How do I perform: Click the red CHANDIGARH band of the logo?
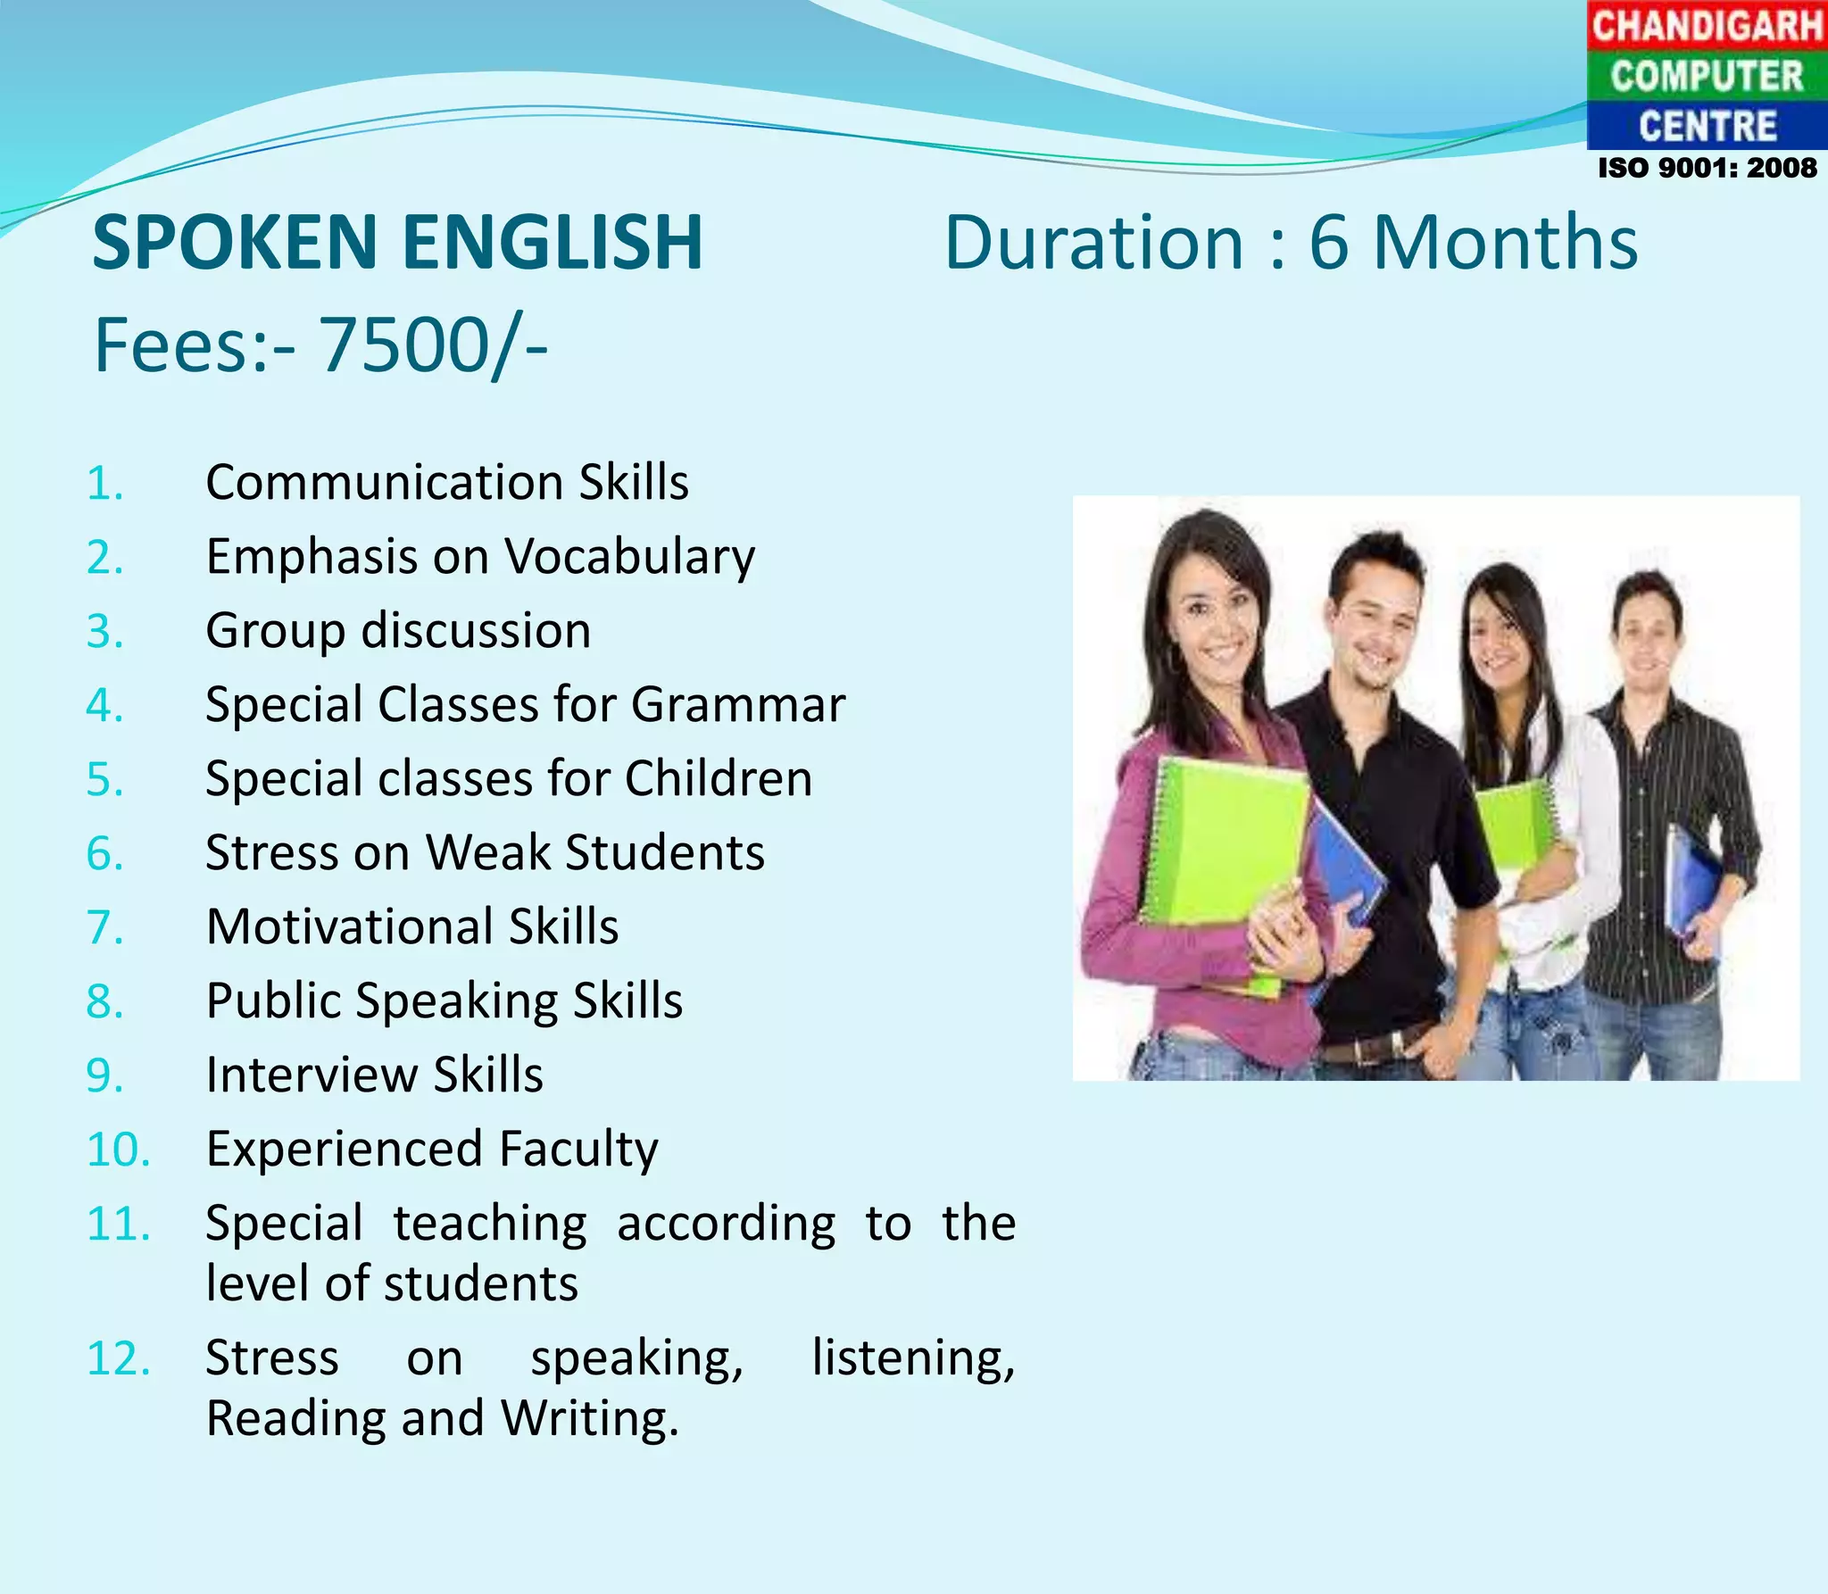tap(1707, 25)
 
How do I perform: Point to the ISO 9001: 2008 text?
tap(1707, 168)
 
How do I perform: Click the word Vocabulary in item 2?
tap(630, 558)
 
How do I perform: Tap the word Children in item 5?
tap(719, 778)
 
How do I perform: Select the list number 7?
tap(104, 927)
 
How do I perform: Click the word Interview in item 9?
tap(310, 1075)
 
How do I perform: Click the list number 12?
tap(118, 1359)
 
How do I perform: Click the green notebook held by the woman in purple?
tap(1223, 839)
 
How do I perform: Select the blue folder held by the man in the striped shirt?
tap(1693, 884)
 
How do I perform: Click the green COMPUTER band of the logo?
tap(1707, 76)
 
